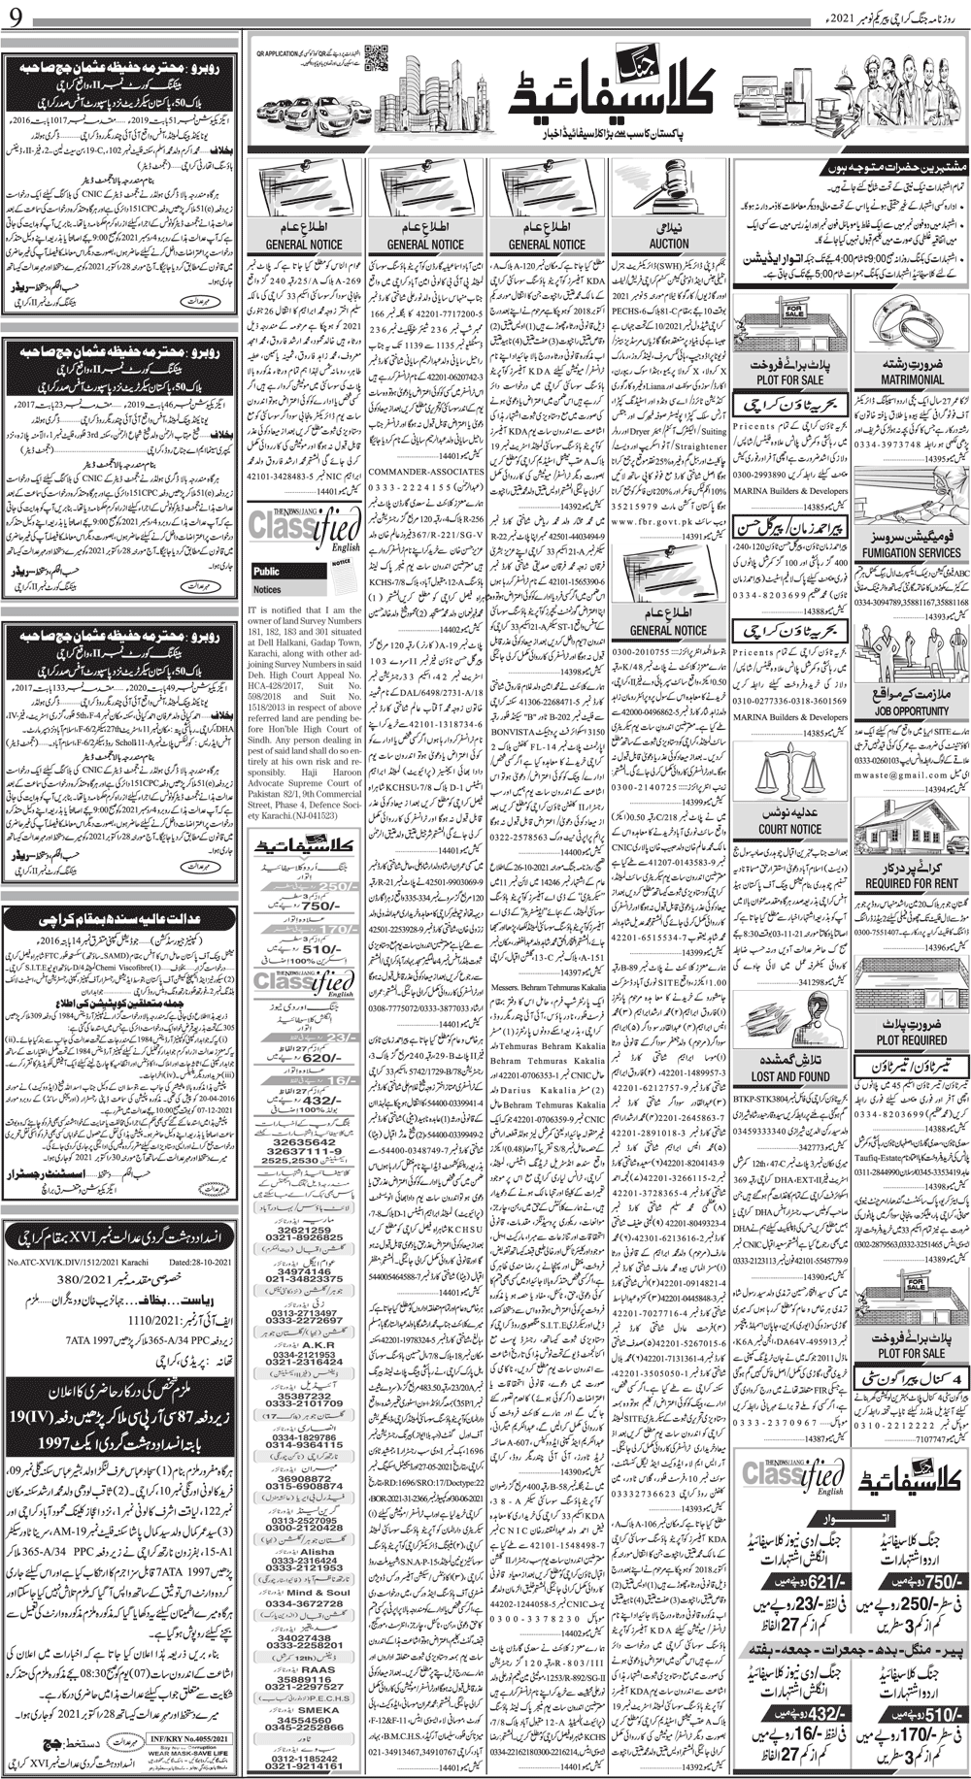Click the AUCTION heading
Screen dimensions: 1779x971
click(x=670, y=245)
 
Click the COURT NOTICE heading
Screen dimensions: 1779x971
click(x=789, y=830)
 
